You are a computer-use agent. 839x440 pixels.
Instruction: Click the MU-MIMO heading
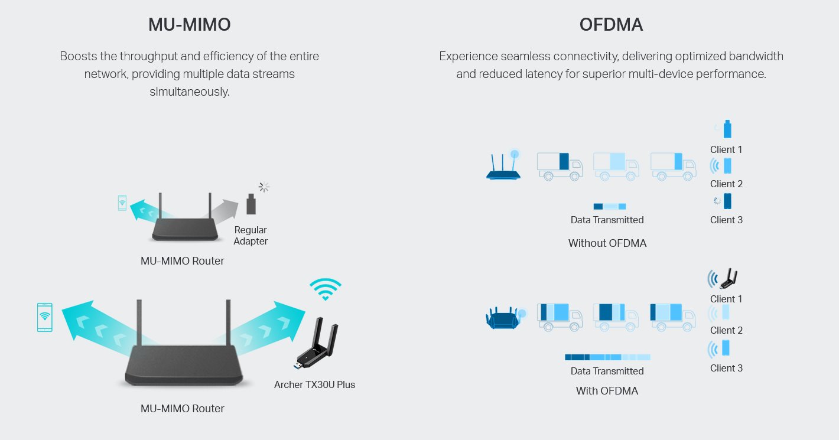189,25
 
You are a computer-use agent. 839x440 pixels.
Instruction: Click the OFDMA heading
611,25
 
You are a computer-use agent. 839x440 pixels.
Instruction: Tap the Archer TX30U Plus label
314,384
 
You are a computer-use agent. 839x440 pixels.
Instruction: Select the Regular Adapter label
250,236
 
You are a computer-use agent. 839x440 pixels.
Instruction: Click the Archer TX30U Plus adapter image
316,343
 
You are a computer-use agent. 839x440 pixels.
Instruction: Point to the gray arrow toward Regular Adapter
222,210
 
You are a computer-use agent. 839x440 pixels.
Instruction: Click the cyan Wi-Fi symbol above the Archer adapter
325,289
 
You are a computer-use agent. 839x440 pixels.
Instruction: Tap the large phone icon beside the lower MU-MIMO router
44,318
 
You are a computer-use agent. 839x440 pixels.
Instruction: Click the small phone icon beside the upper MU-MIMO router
122,203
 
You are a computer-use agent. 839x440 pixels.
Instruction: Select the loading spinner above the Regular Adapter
264,187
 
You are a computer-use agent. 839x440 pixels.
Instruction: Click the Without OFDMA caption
607,243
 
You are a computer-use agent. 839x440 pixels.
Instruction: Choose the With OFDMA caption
607,390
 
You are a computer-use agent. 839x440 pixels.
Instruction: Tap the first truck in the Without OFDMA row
560,167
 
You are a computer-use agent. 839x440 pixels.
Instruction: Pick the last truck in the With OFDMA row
673,317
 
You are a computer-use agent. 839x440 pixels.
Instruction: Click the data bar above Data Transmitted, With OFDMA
607,357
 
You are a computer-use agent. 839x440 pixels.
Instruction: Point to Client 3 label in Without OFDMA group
726,220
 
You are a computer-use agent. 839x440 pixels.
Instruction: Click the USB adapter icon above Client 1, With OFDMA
728,279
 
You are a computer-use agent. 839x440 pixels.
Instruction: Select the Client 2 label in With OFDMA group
726,330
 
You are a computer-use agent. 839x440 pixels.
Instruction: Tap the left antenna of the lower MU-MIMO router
139,322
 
